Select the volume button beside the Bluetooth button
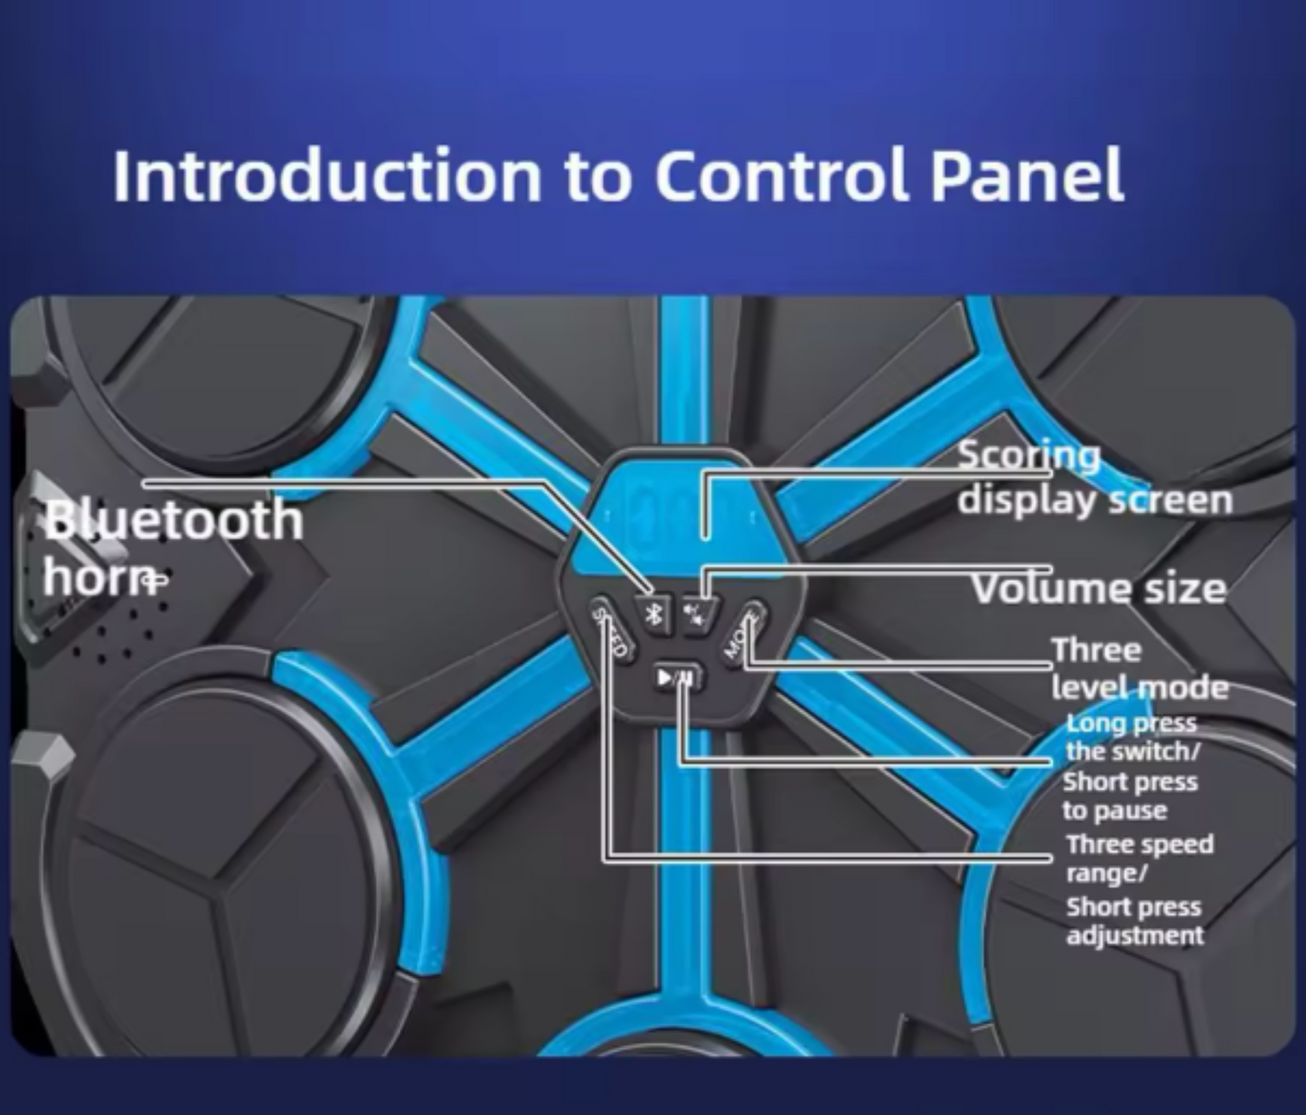[x=699, y=612]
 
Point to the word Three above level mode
[x=1096, y=650]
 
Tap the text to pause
[x=1113, y=810]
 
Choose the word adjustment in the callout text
[x=1135, y=935]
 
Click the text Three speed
[x=1140, y=845]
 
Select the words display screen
[x=1095, y=501]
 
